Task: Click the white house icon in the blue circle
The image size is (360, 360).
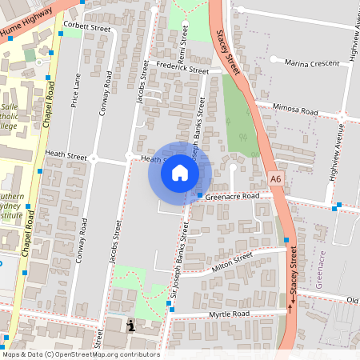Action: [180, 171]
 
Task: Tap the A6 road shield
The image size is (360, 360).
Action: [276, 180]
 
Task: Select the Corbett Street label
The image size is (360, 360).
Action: [86, 27]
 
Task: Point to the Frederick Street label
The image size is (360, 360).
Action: [182, 68]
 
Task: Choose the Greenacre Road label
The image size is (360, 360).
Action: [233, 195]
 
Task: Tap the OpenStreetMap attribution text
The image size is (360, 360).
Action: [80, 354]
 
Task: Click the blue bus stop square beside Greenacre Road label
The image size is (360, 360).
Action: [199, 195]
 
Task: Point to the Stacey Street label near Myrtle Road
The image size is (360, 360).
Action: [294, 284]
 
